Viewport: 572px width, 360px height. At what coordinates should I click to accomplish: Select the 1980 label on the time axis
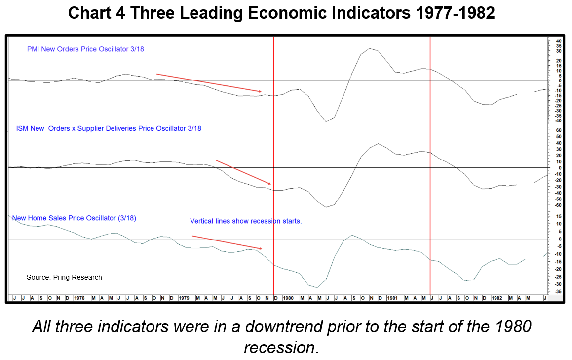pos(288,298)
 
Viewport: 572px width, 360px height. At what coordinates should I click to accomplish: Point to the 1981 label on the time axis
pos(393,298)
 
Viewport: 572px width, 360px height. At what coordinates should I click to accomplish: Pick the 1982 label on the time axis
pos(496,298)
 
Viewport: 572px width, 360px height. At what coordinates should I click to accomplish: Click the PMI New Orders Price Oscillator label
pos(85,49)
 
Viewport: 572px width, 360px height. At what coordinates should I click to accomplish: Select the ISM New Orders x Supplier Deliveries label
pos(109,128)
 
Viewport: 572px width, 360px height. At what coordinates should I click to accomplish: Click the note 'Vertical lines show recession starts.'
pos(246,221)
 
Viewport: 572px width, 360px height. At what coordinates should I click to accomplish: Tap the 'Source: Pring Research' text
pos(64,277)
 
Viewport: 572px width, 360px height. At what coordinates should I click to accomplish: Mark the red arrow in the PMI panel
pos(209,83)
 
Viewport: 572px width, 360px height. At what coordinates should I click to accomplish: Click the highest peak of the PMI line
pos(370,48)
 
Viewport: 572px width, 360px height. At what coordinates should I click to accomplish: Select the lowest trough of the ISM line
pos(326,207)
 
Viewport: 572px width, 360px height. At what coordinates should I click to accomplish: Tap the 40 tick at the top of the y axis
pos(559,40)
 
